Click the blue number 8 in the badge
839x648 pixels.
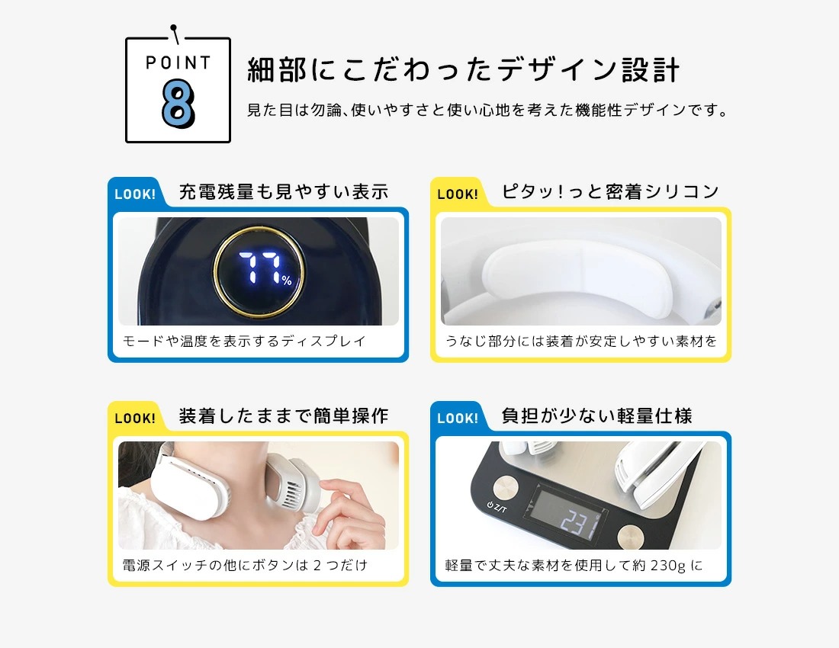coord(178,103)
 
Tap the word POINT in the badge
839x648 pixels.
coord(178,63)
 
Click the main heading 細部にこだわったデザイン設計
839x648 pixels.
coord(464,70)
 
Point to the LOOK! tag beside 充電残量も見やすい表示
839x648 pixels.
coord(135,194)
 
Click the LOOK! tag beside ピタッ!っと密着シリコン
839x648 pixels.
coord(458,194)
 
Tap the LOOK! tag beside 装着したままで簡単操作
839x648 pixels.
coord(135,418)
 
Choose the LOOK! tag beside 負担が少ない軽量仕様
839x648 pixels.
coord(458,418)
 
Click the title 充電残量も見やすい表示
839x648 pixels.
coord(284,191)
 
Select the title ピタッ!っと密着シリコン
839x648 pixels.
coord(610,191)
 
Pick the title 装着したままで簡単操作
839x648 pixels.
coord(284,415)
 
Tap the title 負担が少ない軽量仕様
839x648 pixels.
coord(596,415)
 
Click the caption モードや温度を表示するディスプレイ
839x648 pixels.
coord(245,341)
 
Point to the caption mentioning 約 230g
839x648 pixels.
coord(574,565)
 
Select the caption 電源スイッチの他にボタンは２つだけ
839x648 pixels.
coord(245,565)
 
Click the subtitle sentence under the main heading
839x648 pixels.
coord(487,110)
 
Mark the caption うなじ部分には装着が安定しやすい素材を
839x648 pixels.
coord(580,341)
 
